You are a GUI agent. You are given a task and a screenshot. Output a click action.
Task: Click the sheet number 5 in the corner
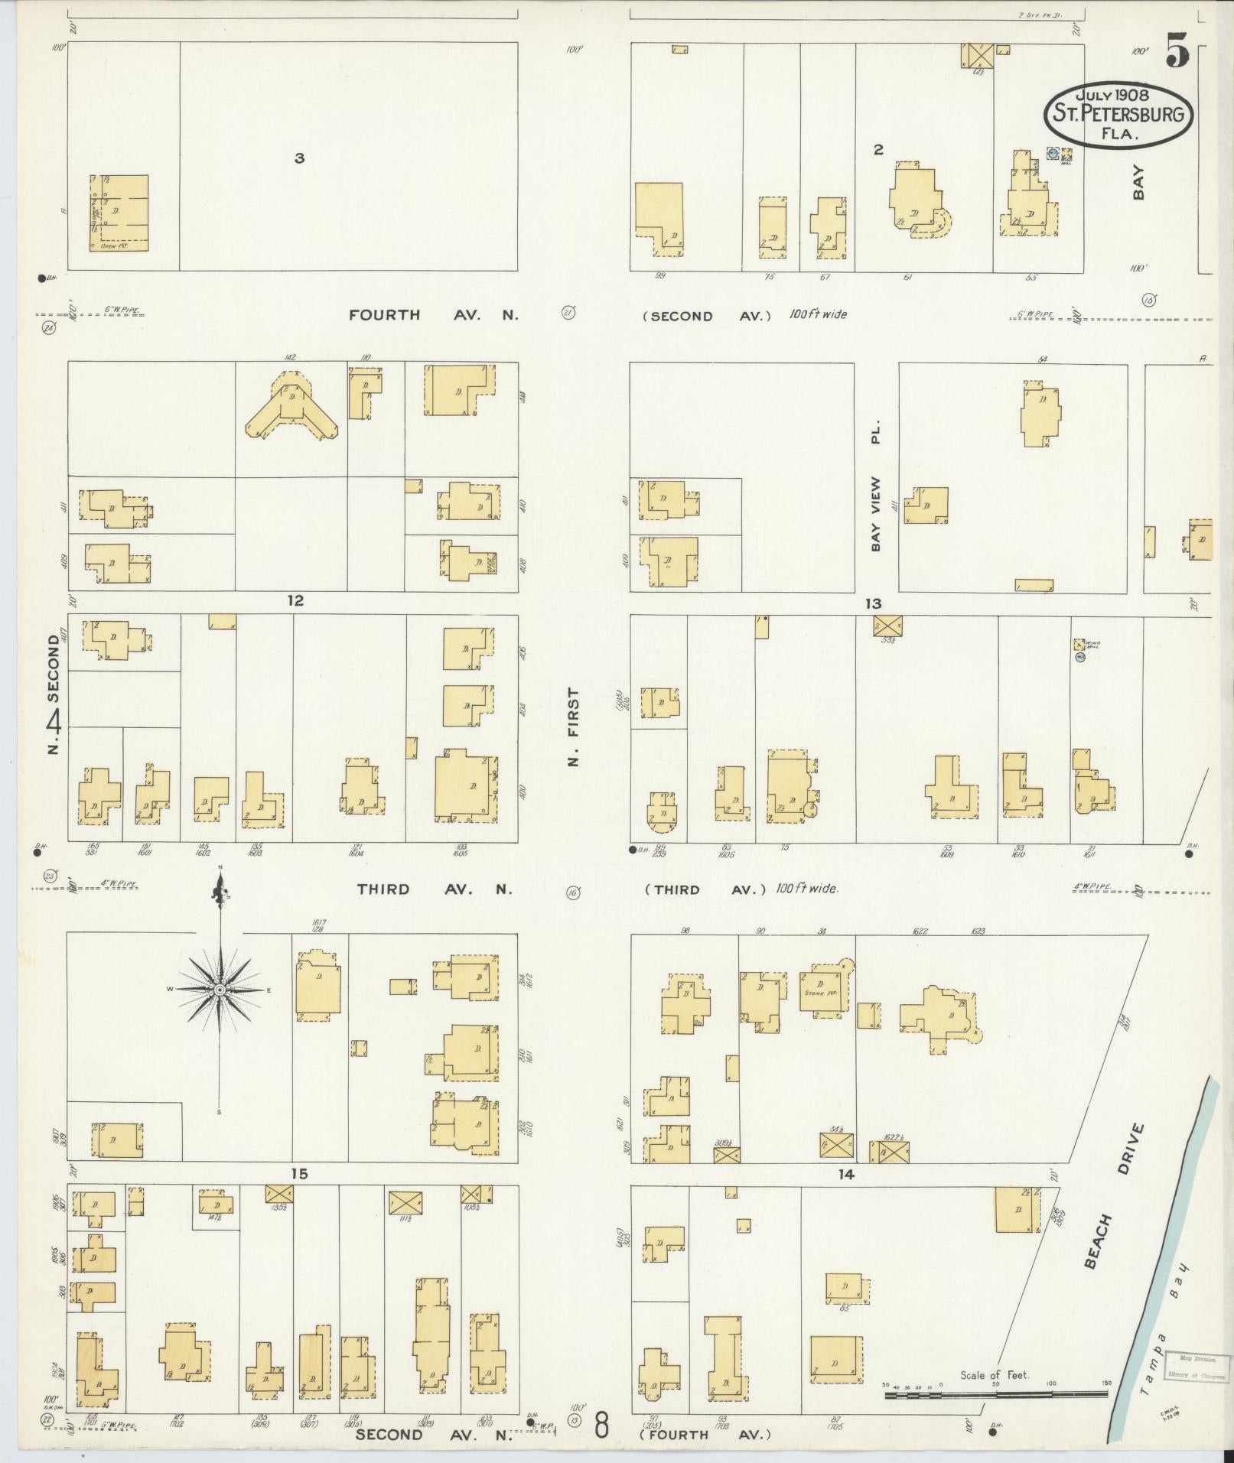point(1177,54)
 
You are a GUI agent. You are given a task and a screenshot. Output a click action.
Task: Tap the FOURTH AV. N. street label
point(434,314)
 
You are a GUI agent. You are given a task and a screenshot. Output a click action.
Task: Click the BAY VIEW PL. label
point(876,483)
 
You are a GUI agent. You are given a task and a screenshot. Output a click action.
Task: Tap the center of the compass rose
point(220,990)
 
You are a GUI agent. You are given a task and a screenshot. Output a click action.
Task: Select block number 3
point(299,158)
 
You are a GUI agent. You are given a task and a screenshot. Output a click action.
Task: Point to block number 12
point(295,601)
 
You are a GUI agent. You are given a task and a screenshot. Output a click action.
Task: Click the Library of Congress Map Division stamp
point(1197,1367)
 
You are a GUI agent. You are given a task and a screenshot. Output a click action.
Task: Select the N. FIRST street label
point(574,727)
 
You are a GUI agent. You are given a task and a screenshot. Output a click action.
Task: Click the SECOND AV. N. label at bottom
point(433,1435)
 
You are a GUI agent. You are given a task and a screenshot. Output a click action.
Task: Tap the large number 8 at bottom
point(602,1426)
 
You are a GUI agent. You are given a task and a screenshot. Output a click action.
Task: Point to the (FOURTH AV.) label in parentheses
point(707,1435)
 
